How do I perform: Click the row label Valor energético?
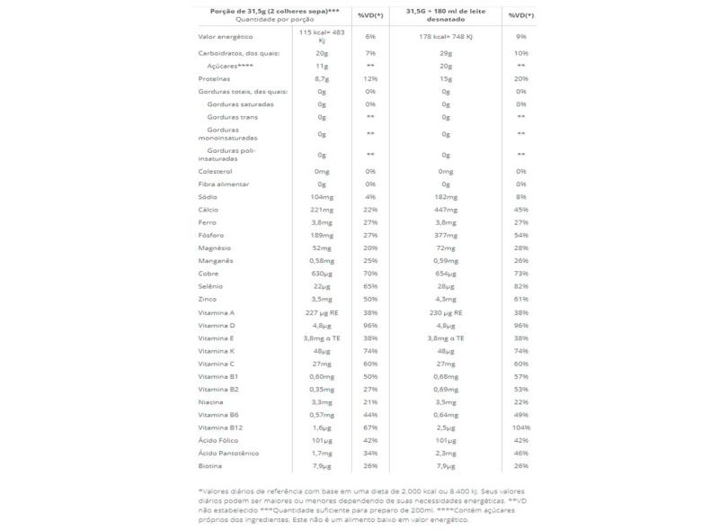coord(225,36)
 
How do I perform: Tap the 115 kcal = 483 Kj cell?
coord(321,36)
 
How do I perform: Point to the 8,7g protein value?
coord(321,78)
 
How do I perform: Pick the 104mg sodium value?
coord(321,196)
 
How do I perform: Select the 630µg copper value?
coord(321,274)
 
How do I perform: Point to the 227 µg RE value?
coord(321,312)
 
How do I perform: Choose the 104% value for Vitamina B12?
coord(520,428)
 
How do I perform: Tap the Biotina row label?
coord(209,467)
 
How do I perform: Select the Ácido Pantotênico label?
coord(227,454)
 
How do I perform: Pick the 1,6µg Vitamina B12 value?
coord(321,428)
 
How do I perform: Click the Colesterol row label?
coord(215,171)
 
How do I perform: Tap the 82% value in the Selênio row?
coord(520,286)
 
